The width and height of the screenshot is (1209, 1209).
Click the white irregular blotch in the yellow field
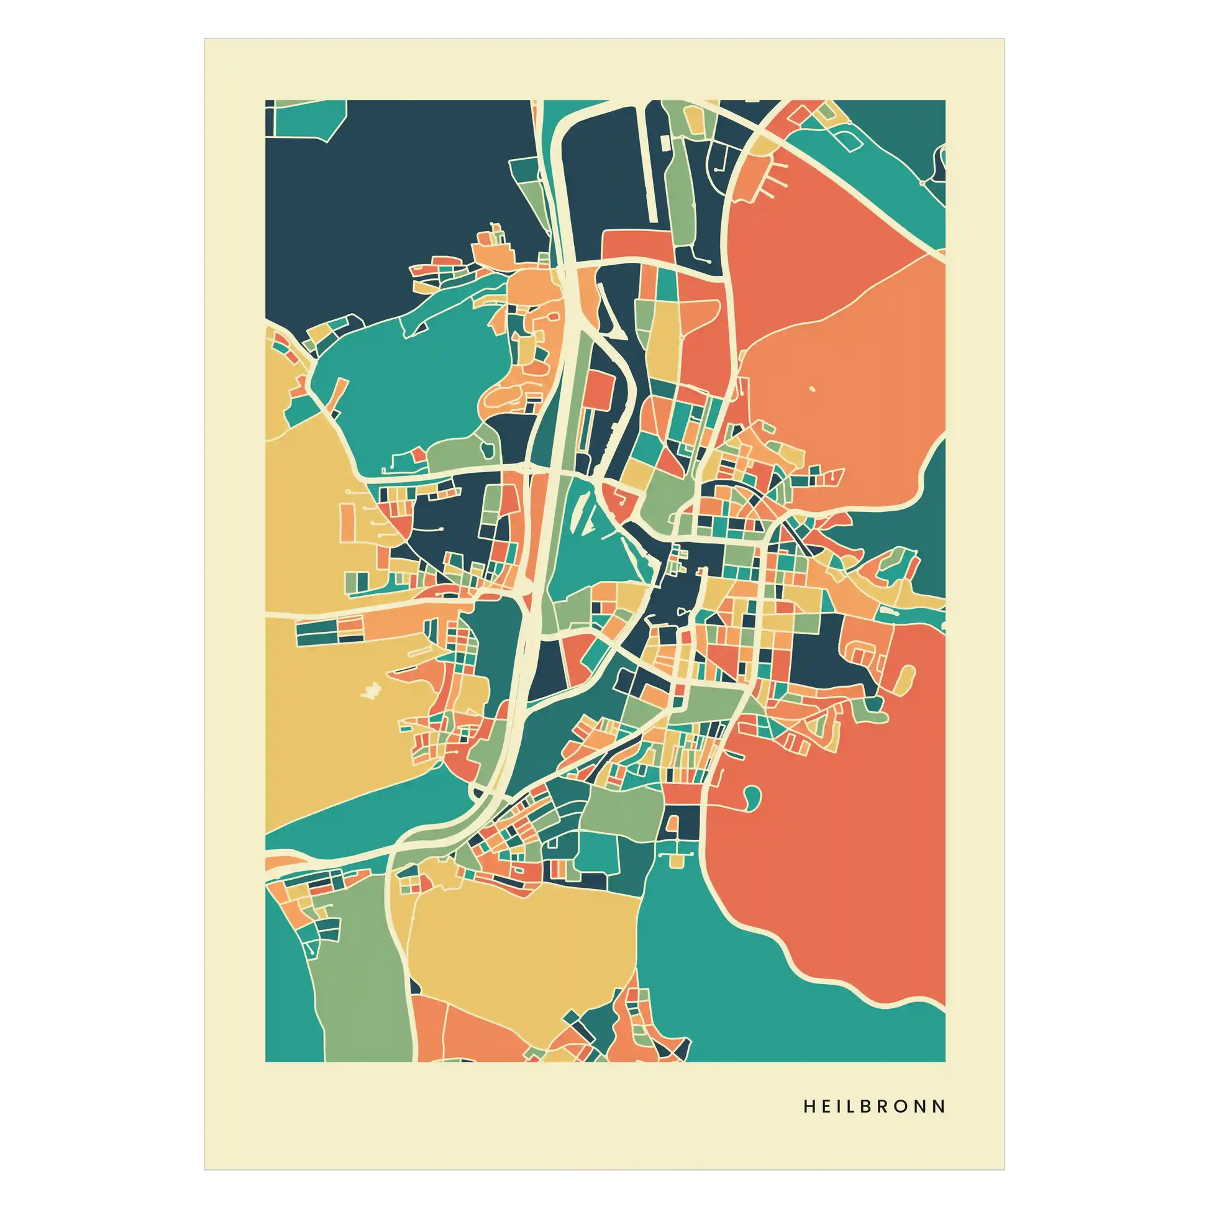coord(371,691)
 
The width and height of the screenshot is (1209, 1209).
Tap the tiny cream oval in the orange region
coord(812,390)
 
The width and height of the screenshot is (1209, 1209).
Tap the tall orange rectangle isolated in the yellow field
coord(347,522)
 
